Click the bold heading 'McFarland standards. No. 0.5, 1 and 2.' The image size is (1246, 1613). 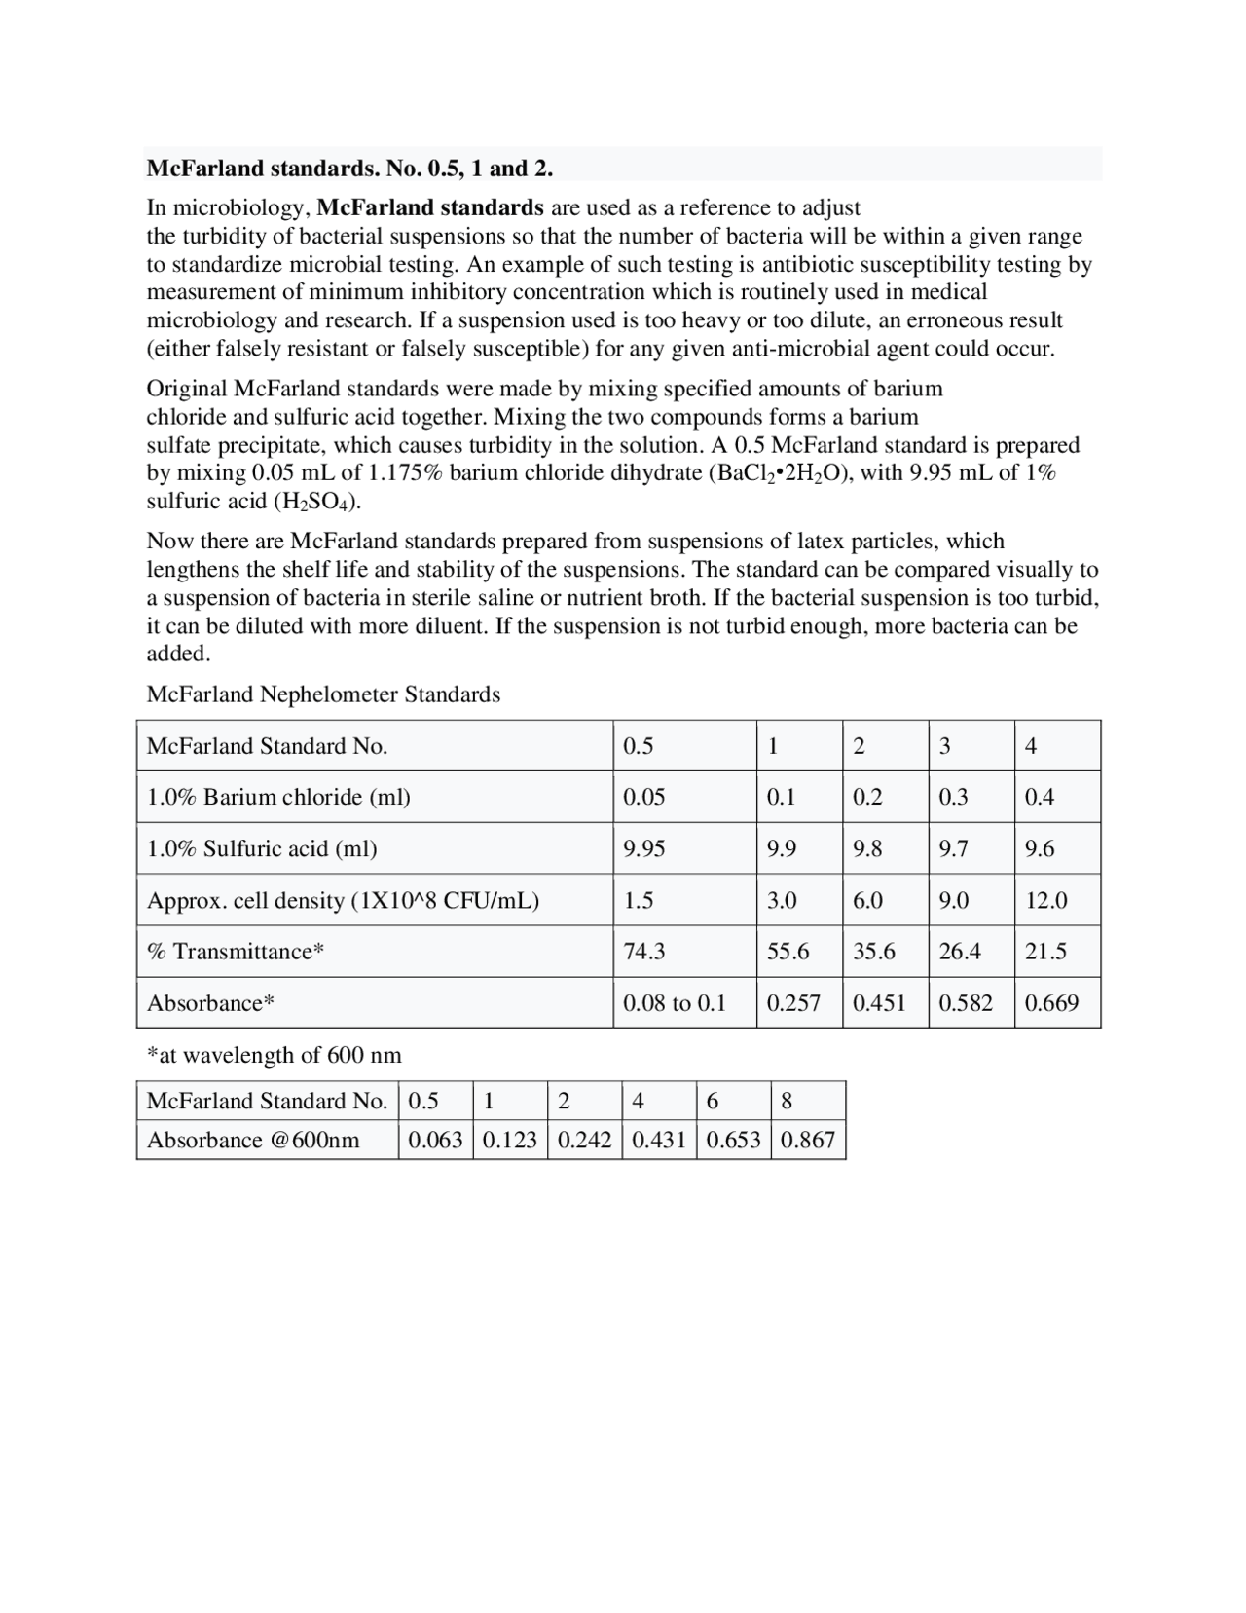tap(349, 168)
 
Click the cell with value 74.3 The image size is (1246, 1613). tap(643, 952)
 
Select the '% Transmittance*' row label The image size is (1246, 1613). tap(235, 952)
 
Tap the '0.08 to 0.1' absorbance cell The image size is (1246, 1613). tap(675, 1003)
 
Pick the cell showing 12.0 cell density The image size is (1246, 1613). tap(1045, 900)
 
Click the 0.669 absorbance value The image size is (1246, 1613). tap(1051, 1003)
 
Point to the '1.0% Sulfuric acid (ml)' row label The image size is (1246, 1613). tap(262, 848)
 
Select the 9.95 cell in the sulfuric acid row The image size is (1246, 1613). tap(643, 848)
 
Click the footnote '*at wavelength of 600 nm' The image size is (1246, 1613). tap(274, 1055)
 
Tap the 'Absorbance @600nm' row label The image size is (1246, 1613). tap(253, 1140)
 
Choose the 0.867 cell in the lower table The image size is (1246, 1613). tap(808, 1140)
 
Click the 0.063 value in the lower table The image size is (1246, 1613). tap(435, 1140)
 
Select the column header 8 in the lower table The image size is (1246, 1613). tap(787, 1101)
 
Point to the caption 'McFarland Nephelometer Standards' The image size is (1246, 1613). tap(323, 694)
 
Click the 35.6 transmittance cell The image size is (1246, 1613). tap(873, 952)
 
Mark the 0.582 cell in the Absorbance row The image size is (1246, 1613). tap(966, 1003)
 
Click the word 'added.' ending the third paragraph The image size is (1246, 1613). tap(178, 654)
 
